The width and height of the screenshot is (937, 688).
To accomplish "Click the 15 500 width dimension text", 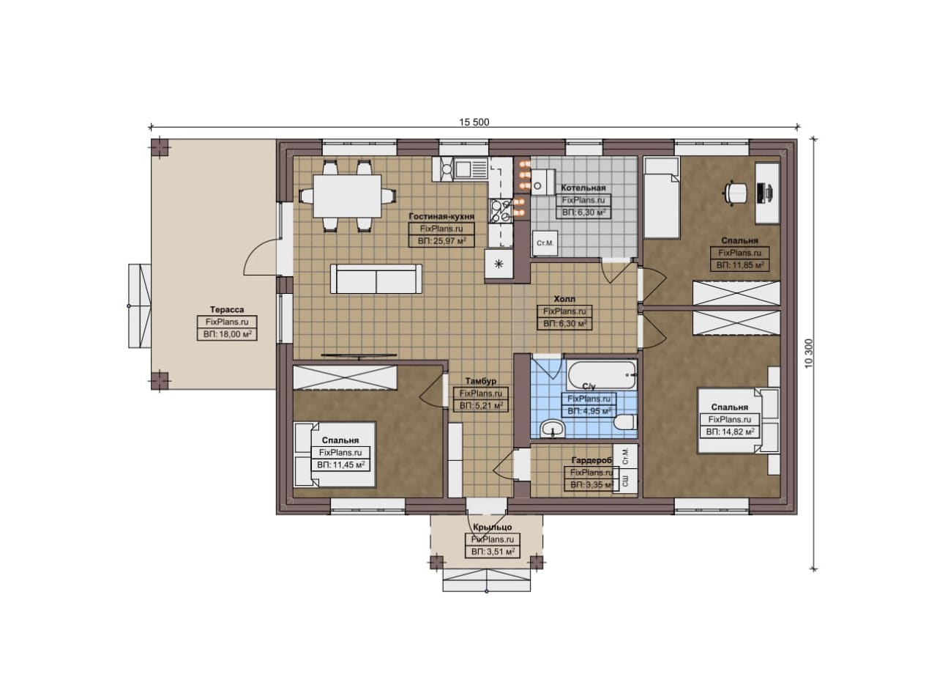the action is pyautogui.click(x=474, y=122).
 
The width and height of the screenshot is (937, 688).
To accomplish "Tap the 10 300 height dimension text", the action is pyautogui.click(x=808, y=353).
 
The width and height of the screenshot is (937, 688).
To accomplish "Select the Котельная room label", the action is pyautogui.click(x=583, y=188).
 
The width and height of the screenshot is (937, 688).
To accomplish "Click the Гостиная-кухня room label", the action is pyautogui.click(x=441, y=216).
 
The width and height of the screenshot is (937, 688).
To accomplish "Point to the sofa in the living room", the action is pyautogui.click(x=376, y=279).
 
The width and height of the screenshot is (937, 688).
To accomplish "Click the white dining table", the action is pyautogui.click(x=347, y=196).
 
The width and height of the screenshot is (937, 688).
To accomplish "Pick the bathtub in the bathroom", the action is pyautogui.click(x=602, y=375).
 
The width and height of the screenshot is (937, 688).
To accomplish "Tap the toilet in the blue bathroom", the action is pyautogui.click(x=625, y=422).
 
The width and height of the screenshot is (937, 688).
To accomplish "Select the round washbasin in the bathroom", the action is pyautogui.click(x=552, y=429).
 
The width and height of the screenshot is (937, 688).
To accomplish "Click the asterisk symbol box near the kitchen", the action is pyautogui.click(x=499, y=264).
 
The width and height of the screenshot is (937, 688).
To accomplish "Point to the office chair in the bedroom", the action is pyautogui.click(x=736, y=193).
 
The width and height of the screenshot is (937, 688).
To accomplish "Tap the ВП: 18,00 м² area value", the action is pyautogui.click(x=227, y=335).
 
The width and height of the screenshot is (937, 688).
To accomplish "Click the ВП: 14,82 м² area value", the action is pyautogui.click(x=730, y=432).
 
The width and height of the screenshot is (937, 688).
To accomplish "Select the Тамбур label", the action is pyautogui.click(x=481, y=381).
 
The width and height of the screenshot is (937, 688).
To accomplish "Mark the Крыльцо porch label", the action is pyautogui.click(x=493, y=528).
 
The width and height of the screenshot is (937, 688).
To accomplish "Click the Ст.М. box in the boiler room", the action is pyautogui.click(x=545, y=243).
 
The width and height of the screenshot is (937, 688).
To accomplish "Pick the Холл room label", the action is pyautogui.click(x=564, y=299).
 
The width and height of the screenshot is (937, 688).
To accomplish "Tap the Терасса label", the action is pyautogui.click(x=227, y=310).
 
